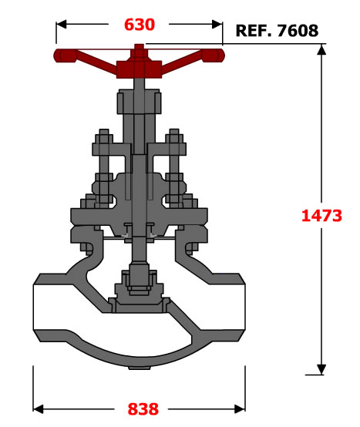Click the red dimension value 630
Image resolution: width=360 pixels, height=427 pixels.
(x=140, y=25)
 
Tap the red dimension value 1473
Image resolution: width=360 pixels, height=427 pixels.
(x=321, y=215)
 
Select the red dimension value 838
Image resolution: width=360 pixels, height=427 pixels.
(x=143, y=409)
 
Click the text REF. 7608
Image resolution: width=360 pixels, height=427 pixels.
(x=277, y=31)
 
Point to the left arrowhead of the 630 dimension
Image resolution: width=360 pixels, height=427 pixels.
(x=61, y=24)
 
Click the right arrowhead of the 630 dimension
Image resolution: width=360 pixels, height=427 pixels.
(x=217, y=24)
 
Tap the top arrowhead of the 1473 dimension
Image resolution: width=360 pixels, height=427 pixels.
(x=321, y=49)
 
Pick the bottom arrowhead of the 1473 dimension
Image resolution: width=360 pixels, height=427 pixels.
(x=321, y=369)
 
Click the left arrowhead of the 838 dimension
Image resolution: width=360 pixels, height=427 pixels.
(x=38, y=409)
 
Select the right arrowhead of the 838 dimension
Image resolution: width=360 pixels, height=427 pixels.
(x=240, y=409)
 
